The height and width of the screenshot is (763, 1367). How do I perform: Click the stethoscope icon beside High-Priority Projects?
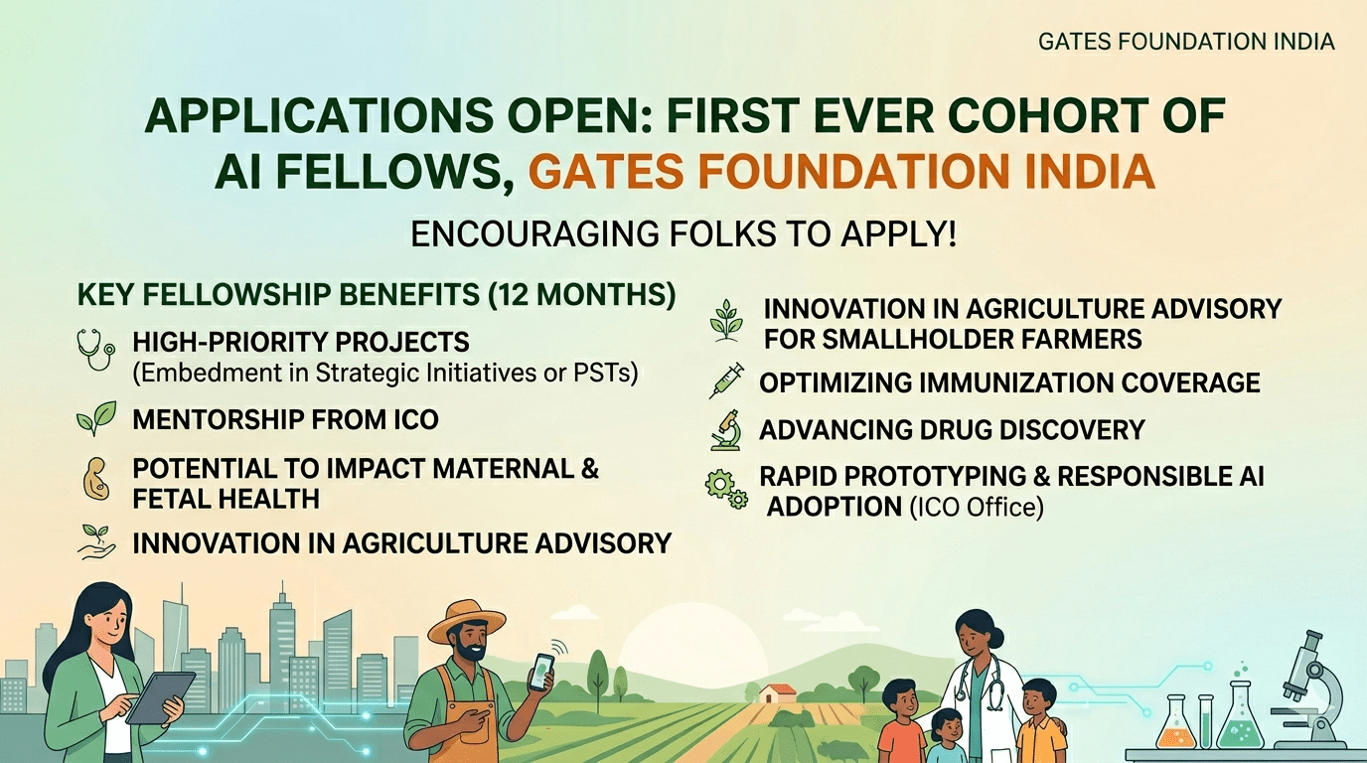[x=96, y=350]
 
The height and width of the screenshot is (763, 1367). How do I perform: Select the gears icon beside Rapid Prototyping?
[x=726, y=489]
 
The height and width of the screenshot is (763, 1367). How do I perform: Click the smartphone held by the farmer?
[x=540, y=671]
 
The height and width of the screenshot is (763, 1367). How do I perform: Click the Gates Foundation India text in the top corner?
[x=1186, y=42]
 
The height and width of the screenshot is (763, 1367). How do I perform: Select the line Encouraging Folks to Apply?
[x=683, y=235]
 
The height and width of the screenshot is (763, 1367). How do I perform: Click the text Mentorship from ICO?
[x=285, y=420]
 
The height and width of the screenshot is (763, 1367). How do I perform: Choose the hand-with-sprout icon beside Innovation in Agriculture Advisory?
[x=96, y=542]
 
